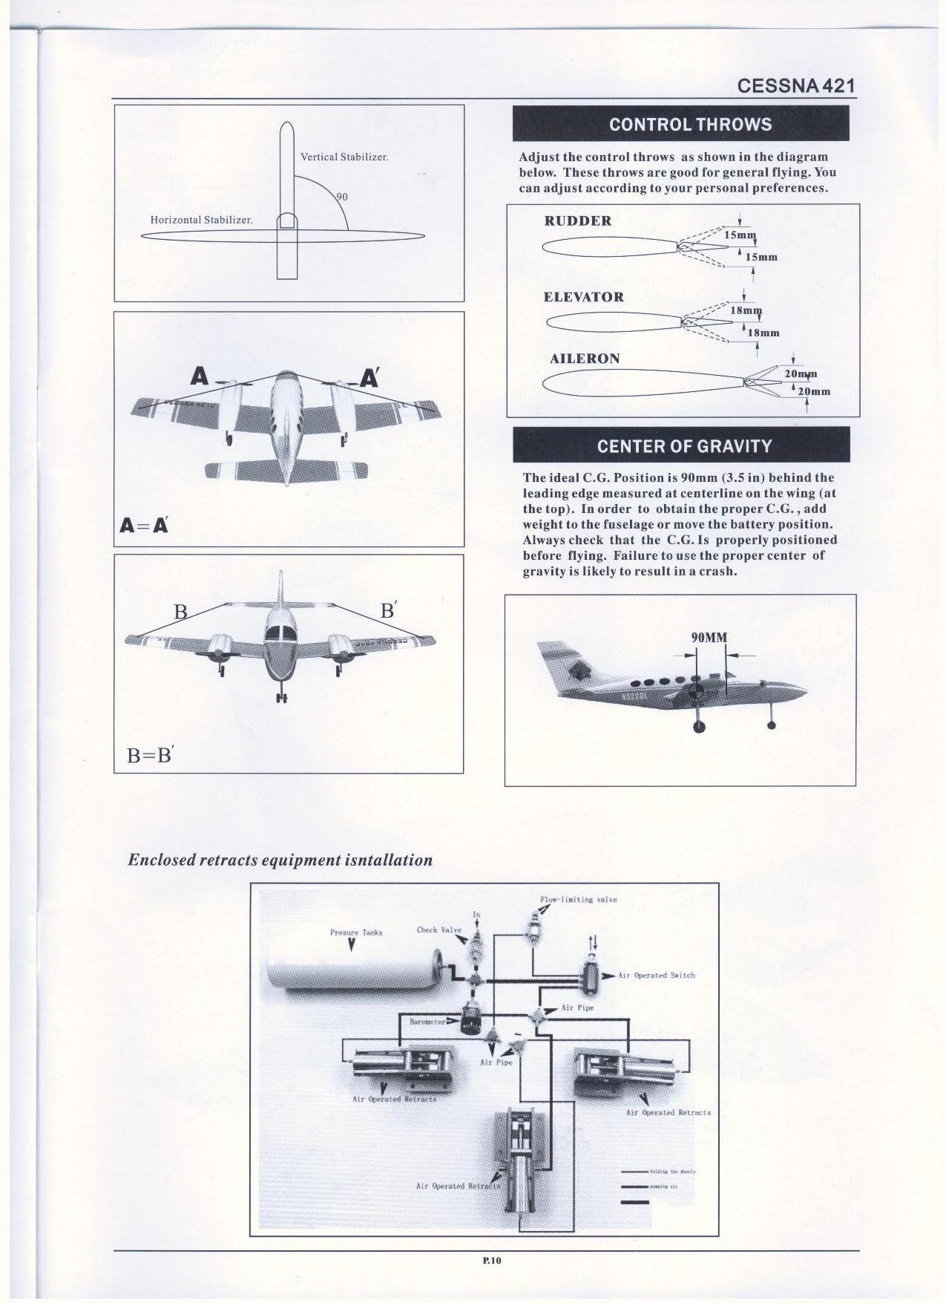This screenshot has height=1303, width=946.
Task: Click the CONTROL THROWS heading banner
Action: [x=680, y=124]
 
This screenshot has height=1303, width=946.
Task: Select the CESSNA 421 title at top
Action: [x=796, y=85]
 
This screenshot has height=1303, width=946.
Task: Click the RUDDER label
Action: [x=577, y=221]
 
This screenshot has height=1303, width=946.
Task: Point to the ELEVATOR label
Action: [x=583, y=297]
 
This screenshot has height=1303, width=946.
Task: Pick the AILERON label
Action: [x=585, y=359]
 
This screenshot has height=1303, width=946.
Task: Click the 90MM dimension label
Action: [x=709, y=637]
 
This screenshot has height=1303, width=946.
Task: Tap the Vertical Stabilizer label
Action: [x=344, y=157]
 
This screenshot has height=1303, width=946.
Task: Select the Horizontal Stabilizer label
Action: [x=201, y=220]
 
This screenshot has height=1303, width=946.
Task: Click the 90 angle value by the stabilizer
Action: [x=342, y=197]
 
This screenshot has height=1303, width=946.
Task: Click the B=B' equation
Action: [x=149, y=755]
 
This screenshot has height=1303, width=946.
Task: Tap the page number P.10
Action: [x=492, y=1260]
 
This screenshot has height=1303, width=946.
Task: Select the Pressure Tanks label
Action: [x=355, y=932]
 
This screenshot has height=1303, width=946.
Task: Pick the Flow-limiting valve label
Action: [x=578, y=899]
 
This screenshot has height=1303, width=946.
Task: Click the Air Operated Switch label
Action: [x=656, y=975]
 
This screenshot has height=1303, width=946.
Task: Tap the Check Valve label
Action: [x=438, y=930]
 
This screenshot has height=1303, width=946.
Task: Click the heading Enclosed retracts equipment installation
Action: [x=280, y=860]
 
